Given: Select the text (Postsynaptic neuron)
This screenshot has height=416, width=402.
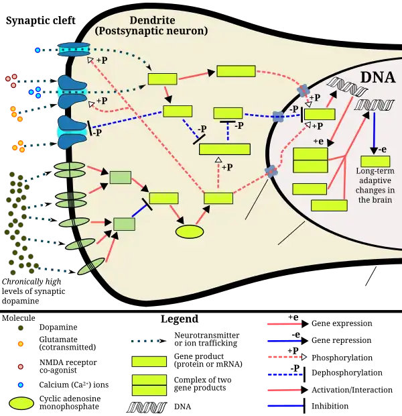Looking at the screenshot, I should [151, 31].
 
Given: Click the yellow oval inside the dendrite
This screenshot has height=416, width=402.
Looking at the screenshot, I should [190, 231].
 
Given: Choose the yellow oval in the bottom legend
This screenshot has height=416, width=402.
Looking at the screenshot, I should [21, 404].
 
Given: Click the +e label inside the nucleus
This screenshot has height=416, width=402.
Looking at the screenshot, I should [319, 141].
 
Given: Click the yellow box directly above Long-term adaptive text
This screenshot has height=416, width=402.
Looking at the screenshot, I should [375, 161].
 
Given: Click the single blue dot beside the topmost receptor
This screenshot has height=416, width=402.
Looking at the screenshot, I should [38, 50].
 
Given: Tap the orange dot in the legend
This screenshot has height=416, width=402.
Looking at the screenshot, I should [21, 344].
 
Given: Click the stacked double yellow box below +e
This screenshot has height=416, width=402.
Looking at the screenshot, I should [310, 160].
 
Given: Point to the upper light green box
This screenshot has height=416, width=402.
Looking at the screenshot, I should [120, 177].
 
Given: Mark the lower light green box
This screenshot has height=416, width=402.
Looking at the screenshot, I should [124, 224].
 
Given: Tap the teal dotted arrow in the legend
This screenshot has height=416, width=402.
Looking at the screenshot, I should [143, 341].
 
